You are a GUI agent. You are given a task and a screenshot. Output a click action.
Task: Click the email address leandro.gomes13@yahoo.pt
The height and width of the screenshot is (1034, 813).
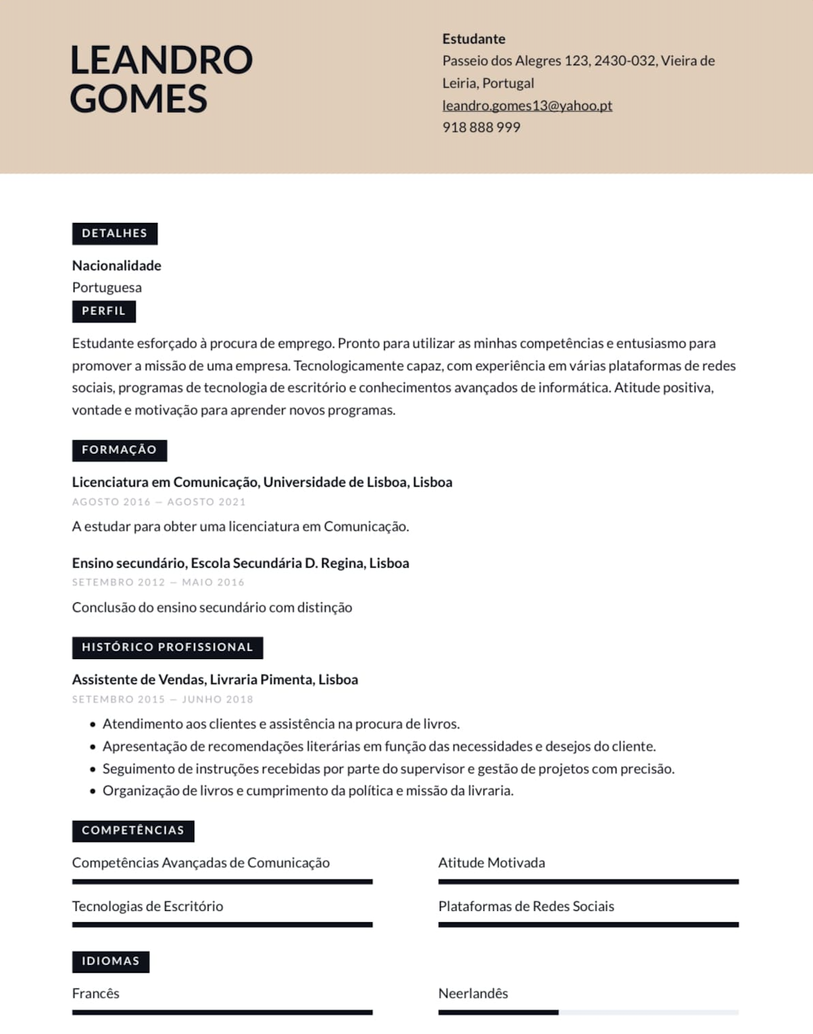tap(527, 105)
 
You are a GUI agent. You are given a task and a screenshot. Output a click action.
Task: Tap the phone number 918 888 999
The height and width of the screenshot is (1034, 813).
tap(481, 128)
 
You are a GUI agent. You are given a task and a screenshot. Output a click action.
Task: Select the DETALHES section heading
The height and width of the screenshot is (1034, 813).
tap(114, 234)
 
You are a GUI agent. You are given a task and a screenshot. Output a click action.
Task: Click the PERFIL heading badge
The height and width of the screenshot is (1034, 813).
tap(104, 311)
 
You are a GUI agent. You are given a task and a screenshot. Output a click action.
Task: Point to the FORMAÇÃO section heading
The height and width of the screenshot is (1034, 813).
tap(119, 450)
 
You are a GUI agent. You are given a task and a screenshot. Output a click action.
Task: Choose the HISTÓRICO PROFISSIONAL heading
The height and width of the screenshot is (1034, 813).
tap(167, 647)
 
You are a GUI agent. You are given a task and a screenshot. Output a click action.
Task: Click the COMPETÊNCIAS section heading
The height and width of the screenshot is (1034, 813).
tap(133, 831)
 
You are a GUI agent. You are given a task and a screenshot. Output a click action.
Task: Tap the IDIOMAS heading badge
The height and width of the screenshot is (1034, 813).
tap(111, 961)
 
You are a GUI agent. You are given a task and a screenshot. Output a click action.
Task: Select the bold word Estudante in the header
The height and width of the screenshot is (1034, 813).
tap(474, 39)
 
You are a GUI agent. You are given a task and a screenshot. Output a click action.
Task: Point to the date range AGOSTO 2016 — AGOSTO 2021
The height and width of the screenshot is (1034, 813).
tap(159, 502)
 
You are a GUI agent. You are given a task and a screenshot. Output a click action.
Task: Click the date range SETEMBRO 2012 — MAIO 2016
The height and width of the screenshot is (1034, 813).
tap(158, 582)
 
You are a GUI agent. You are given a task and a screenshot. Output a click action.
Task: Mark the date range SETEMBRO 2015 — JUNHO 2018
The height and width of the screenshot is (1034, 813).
tap(162, 699)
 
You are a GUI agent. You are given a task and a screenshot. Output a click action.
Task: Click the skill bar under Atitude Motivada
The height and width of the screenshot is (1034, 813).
tap(588, 881)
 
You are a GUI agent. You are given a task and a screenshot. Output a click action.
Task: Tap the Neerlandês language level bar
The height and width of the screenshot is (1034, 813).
tap(588, 1012)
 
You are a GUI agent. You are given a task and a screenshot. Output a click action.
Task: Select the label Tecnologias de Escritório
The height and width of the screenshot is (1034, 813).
tap(147, 906)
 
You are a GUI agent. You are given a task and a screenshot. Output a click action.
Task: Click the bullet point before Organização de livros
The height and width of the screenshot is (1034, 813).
tap(93, 791)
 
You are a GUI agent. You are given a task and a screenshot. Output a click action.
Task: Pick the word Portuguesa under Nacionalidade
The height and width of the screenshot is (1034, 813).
tap(107, 287)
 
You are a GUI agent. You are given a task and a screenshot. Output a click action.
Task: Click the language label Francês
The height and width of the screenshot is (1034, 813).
tap(95, 993)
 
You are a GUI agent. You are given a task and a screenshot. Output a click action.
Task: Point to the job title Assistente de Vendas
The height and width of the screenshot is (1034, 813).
tap(138, 679)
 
